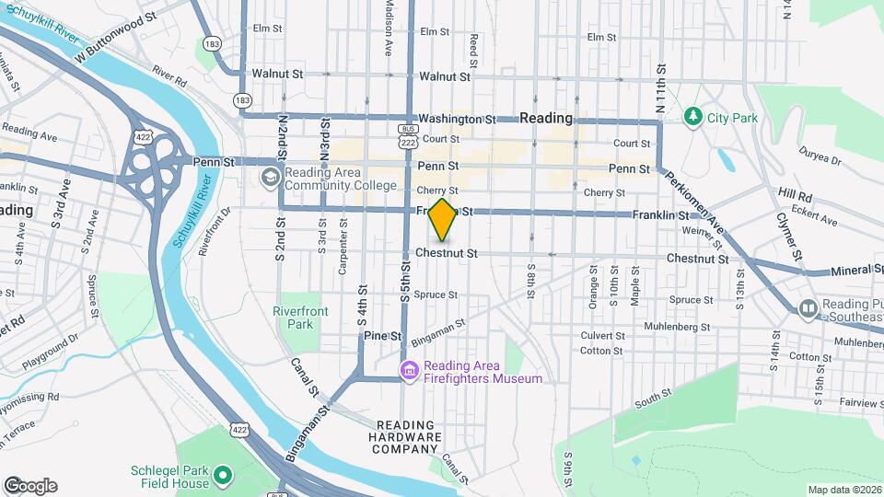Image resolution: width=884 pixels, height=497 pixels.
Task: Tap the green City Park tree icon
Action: point(693,117)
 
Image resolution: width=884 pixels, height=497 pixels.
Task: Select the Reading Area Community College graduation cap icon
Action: point(271,175)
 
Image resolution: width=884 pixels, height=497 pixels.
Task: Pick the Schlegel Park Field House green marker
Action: point(222,477)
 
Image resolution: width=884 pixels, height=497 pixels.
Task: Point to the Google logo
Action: point(30,485)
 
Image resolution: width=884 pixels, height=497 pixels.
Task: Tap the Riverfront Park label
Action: point(300,318)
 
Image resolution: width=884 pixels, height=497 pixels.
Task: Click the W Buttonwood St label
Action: point(124,38)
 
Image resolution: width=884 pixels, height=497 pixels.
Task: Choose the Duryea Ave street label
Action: point(821,154)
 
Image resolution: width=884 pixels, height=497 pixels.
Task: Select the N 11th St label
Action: point(660,96)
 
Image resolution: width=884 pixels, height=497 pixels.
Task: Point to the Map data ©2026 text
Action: point(843,490)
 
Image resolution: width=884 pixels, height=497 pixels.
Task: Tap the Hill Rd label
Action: point(794,196)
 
